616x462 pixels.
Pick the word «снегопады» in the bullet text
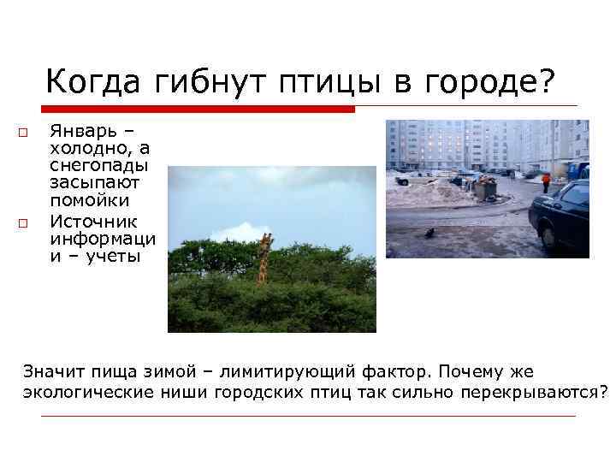click(98, 165)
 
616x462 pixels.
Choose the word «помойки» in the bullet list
click(89, 200)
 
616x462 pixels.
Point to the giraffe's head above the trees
click(266, 240)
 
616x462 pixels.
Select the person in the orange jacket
click(546, 181)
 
